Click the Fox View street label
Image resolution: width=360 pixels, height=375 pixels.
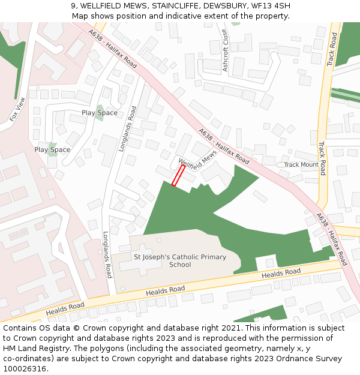tap(18, 109)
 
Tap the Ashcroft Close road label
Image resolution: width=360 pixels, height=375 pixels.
tap(226, 50)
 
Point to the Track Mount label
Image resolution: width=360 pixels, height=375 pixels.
tap(301, 164)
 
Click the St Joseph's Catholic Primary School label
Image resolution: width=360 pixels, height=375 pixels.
tap(180, 261)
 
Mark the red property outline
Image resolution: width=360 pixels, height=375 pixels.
tap(178, 176)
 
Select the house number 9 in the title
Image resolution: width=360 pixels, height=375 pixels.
tap(73, 6)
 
